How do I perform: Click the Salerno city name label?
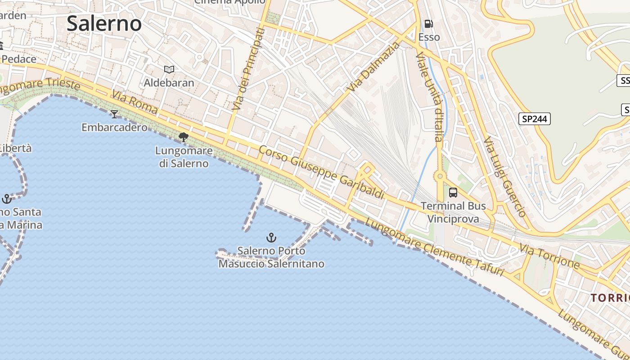coord(104,23)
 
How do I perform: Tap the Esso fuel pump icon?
coord(429,24)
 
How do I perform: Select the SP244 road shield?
coord(535,119)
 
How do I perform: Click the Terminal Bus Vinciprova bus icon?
coord(453,193)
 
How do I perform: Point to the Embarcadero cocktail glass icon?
coord(114,114)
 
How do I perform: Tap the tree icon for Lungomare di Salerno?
coord(183,137)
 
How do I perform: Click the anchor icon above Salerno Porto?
coord(271,237)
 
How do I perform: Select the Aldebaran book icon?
coord(169,69)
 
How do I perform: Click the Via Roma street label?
coord(135,103)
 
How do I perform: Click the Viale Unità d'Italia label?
coord(430,97)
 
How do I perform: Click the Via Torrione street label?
coord(549,256)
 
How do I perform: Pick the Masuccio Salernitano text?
coord(271,264)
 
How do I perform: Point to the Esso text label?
coord(429,37)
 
